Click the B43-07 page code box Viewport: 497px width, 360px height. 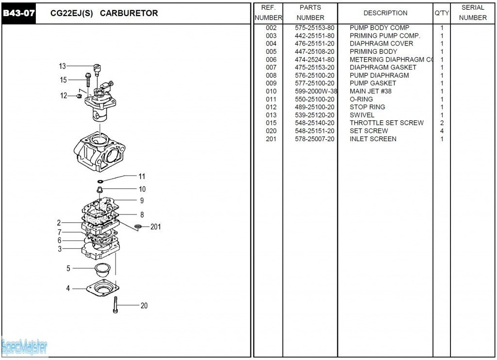19,13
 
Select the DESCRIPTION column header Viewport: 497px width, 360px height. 385,13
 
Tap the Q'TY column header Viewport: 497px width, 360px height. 442,13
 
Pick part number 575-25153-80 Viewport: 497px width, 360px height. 315,28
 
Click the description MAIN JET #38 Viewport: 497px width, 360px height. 370,91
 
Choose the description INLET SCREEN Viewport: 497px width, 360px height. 373,139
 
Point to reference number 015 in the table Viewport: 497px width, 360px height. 271,123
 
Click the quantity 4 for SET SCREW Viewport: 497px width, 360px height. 442,131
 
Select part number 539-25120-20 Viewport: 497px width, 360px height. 315,115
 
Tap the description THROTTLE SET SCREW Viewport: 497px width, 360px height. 386,123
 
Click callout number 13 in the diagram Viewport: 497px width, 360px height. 62,66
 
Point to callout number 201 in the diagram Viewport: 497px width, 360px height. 155,227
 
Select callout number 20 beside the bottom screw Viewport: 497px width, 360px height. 144,306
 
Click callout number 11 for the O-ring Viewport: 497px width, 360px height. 142,176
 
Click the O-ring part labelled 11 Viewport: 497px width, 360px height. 100,181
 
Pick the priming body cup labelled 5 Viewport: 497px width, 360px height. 102,268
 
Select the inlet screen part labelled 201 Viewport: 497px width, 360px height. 138,227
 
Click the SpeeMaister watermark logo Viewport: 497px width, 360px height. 24,346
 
